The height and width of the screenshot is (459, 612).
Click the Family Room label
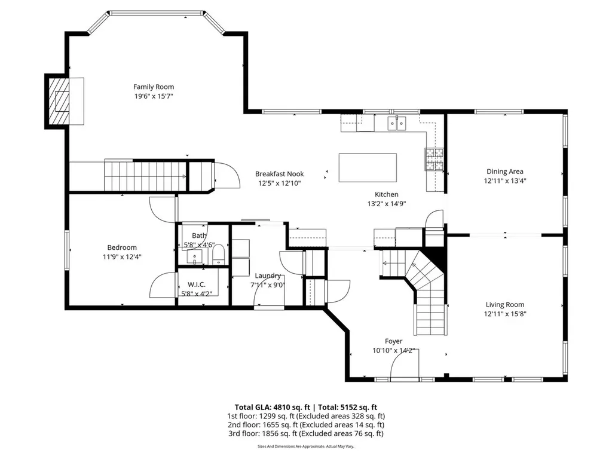tap(154, 87)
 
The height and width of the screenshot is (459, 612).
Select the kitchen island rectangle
tap(368, 167)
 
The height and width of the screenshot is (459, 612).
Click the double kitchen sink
tap(397, 123)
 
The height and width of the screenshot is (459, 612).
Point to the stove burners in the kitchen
tap(434, 159)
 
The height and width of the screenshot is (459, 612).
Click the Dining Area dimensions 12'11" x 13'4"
tap(505, 180)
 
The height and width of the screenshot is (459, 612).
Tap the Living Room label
tap(504, 304)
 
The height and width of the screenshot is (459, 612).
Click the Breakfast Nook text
tap(280, 174)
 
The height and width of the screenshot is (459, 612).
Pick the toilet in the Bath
tap(218, 254)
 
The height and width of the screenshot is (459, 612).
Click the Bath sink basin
tap(194, 257)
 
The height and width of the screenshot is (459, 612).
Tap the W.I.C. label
tap(196, 285)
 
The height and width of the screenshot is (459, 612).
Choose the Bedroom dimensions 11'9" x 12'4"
tap(122, 257)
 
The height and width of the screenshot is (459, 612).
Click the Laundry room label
tap(268, 276)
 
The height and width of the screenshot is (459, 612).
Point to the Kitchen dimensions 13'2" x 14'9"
tap(387, 204)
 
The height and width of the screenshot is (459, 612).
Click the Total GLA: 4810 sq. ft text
tap(271, 408)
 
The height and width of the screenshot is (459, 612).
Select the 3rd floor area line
tap(306, 434)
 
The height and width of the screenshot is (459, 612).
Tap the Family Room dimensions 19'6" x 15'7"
tap(154, 96)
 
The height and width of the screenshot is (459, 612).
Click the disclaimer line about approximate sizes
tap(306, 446)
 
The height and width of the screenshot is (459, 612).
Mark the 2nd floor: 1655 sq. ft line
tap(306, 425)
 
